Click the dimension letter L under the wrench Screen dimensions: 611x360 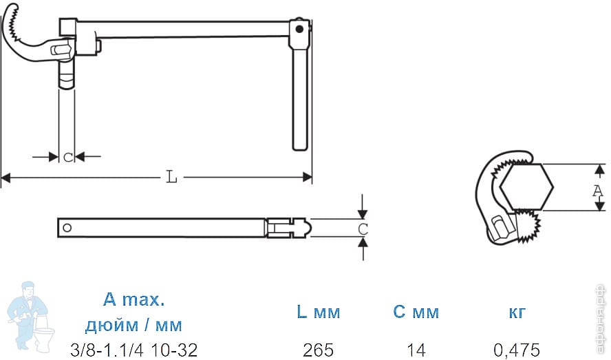click(171, 177)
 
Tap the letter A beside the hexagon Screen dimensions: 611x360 click(598, 191)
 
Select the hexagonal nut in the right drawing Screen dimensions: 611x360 click(526, 187)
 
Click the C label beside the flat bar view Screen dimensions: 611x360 click(363, 229)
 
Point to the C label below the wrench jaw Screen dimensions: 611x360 click(68, 157)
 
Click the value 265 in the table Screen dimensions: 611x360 click(318, 350)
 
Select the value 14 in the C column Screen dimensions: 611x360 click(416, 350)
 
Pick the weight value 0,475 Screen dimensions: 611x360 click(517, 350)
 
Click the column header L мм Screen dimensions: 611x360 click(319, 312)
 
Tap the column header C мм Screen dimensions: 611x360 click(416, 312)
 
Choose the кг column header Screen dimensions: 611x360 click(517, 313)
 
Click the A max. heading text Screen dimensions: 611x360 click(133, 299)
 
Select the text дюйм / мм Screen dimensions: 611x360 click(133, 324)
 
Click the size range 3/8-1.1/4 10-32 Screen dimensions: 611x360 click(133, 350)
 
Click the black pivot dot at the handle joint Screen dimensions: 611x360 click(299, 29)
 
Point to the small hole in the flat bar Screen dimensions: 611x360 click(67, 228)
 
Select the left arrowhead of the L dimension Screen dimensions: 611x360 click(6, 178)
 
